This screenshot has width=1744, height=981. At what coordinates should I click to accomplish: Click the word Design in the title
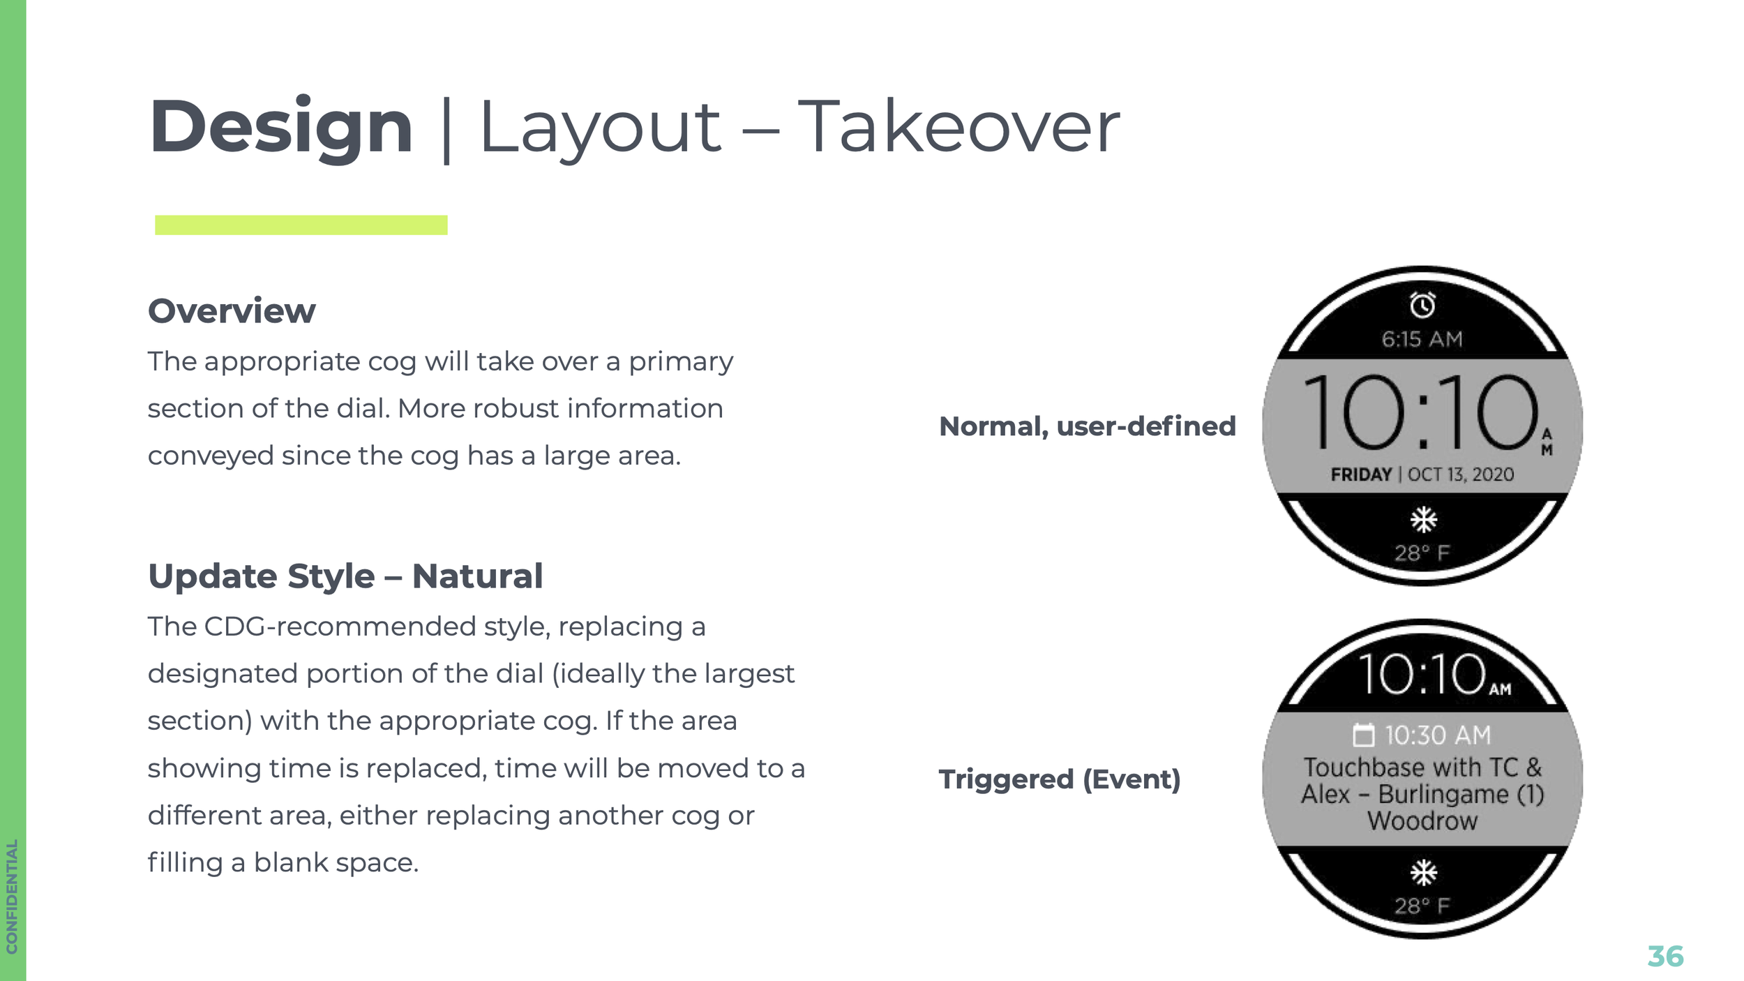[281, 128]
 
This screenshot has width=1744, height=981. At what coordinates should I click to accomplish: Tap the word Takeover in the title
[959, 128]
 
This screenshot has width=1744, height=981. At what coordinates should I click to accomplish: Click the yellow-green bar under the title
[301, 225]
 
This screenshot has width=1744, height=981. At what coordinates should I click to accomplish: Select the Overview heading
[232, 311]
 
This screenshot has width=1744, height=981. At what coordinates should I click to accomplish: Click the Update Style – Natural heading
[345, 576]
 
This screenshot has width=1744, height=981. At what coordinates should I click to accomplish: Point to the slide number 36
[1665, 956]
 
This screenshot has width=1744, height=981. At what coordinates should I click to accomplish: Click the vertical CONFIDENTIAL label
[12, 896]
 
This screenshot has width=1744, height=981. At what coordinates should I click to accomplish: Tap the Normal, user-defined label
[1087, 426]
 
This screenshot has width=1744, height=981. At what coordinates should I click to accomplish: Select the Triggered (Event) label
[1059, 779]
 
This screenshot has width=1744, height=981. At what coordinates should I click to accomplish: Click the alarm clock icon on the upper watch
[1422, 305]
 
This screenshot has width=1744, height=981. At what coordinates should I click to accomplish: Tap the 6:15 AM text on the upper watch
[1422, 340]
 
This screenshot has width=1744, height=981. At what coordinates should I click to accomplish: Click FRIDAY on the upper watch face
[1360, 475]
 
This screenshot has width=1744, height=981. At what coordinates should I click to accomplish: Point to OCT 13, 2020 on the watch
[1461, 475]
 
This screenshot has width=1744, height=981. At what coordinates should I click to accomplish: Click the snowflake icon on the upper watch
[1423, 520]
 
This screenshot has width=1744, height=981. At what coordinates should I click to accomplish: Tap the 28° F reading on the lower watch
[1422, 906]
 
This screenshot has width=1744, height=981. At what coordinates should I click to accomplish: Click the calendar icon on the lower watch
[1363, 735]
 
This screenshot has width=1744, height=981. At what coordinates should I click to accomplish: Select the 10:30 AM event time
[1438, 735]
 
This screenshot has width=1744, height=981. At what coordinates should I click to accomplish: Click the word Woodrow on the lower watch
[1422, 821]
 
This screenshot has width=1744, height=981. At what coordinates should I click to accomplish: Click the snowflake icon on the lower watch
[1423, 873]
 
